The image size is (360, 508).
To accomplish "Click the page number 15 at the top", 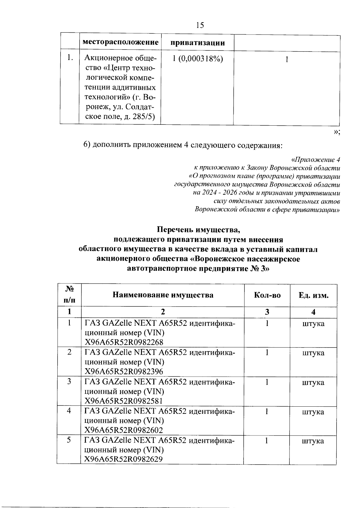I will [x=200, y=25].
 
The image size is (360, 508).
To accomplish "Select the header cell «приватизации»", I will [x=197, y=43].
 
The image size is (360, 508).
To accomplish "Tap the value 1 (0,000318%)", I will [x=198, y=59].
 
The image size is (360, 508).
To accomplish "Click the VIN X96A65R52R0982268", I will [x=124, y=342].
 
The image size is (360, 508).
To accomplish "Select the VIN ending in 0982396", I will [x=124, y=372].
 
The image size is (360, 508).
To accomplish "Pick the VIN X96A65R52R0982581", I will [x=124, y=401].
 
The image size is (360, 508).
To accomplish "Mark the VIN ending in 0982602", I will [x=124, y=430].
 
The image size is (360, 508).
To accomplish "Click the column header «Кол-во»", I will [x=267, y=295].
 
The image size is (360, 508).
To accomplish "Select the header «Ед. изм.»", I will [x=313, y=295].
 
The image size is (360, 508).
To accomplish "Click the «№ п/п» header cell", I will [x=69, y=294].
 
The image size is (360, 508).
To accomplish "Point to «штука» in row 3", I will [x=313, y=383].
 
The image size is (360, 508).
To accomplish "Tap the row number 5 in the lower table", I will [x=69, y=441].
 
